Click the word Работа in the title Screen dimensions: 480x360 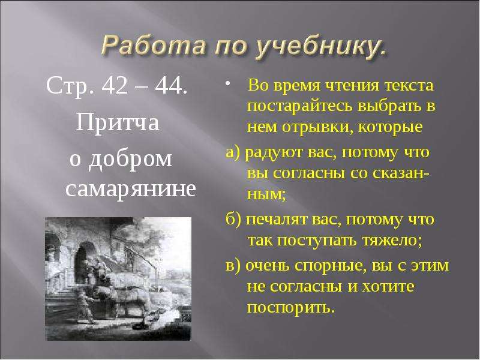[x=152, y=45]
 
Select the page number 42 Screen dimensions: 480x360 [x=115, y=86]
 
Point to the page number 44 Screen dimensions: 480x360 [x=170, y=86]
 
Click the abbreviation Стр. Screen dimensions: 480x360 [x=70, y=87]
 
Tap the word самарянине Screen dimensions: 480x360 [x=130, y=190]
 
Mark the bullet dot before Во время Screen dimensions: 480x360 [x=227, y=84]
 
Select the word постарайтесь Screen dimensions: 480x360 [x=299, y=107]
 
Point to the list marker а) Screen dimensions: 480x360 [x=234, y=152]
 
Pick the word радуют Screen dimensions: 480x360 [x=274, y=153]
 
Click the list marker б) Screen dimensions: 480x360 [x=234, y=219]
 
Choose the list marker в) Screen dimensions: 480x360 [x=234, y=266]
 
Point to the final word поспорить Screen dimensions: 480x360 [x=289, y=307]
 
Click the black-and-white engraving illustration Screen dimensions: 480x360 [x=118, y=278]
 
